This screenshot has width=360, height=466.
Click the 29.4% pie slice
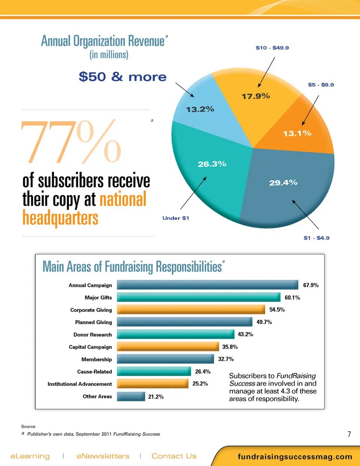(x=285, y=188)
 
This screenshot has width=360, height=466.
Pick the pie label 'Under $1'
(x=175, y=218)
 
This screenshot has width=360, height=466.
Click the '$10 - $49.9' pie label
(x=272, y=48)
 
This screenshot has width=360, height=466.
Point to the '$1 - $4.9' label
(x=316, y=238)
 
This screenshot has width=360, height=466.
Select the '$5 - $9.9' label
(x=321, y=85)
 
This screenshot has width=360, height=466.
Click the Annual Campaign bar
(x=207, y=285)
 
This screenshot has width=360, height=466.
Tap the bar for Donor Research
(x=175, y=334)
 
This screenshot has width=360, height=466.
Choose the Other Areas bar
(x=131, y=396)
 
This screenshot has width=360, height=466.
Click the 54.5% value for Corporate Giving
(x=277, y=310)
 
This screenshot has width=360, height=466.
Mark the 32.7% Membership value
(x=226, y=359)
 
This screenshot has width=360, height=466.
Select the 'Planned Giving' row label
(x=93, y=322)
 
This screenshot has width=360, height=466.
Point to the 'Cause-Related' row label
(x=94, y=371)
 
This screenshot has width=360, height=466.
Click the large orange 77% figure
(x=71, y=142)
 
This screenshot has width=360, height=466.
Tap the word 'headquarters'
(x=60, y=218)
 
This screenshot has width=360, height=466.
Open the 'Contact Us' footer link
(x=174, y=456)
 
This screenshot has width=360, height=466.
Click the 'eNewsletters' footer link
(x=103, y=456)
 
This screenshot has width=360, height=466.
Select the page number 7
(x=349, y=434)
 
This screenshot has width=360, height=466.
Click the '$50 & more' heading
(x=123, y=77)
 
